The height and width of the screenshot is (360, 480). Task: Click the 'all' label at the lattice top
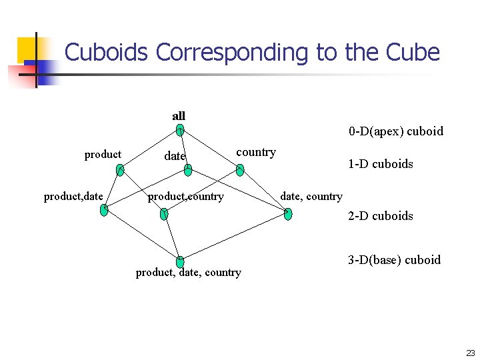point(179,116)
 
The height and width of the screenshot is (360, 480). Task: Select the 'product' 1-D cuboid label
point(103,155)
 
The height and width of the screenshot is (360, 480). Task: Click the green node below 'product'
point(119,170)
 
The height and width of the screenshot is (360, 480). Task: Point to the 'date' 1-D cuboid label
point(175,156)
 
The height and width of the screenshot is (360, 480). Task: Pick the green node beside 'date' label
point(188,171)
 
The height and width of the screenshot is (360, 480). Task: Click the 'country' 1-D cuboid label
point(256,152)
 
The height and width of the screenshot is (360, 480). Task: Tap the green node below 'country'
point(240,170)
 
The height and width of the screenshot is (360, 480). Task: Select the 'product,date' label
point(73,196)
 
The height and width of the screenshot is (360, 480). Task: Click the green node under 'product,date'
point(104,210)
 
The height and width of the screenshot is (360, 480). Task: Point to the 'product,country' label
point(185,197)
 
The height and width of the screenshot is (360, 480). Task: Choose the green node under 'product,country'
point(165,214)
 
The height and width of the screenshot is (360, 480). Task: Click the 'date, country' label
point(311,196)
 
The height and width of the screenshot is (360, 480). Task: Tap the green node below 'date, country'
point(288,214)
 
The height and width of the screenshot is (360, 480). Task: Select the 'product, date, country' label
point(189,272)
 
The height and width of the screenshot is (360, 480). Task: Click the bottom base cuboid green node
point(180,261)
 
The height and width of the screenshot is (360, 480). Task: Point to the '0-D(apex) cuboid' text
point(395,131)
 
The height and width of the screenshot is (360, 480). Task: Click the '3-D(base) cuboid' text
point(394,259)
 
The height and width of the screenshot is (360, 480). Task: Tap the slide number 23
point(471,353)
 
